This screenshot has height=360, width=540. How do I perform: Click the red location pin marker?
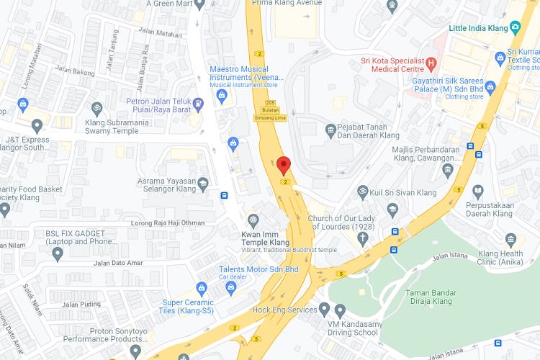click(284, 165)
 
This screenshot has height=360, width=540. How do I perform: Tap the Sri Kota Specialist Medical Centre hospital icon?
click(431, 63)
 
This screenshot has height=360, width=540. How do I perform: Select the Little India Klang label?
click(478, 27)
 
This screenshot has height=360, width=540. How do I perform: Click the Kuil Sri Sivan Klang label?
click(403, 193)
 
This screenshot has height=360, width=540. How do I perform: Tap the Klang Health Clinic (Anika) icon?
click(511, 239)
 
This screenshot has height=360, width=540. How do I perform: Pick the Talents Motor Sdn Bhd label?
click(258, 269)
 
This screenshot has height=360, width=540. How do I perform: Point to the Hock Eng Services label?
click(284, 310)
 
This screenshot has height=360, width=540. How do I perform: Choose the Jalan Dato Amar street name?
click(120, 262)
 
